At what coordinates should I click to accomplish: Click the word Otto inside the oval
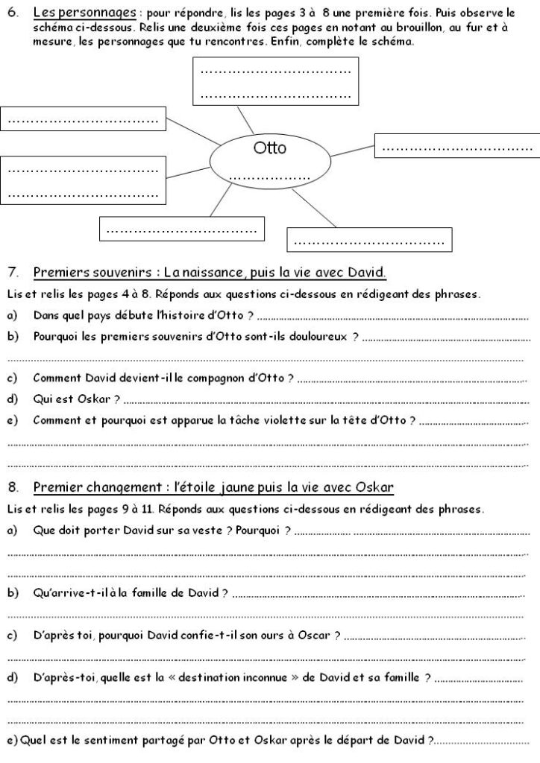(269, 148)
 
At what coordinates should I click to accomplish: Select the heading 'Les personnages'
(84, 13)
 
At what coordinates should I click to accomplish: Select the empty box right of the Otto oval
(456, 146)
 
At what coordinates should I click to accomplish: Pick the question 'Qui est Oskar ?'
(77, 399)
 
